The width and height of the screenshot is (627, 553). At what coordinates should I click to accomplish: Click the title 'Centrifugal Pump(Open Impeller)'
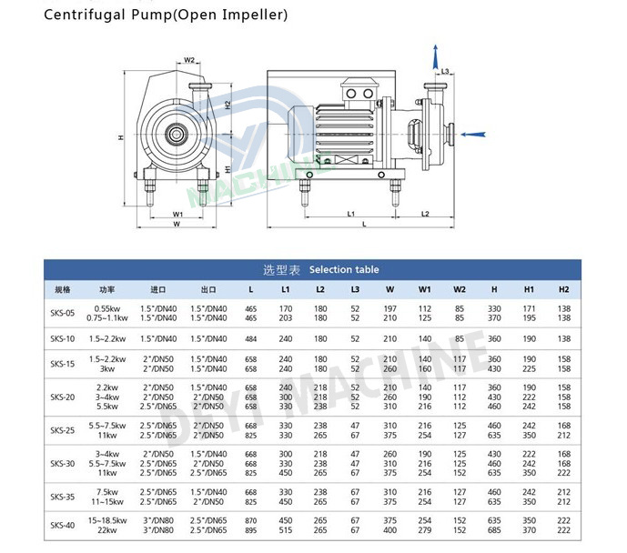pos(167,15)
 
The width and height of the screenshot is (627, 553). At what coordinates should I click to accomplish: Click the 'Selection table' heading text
pos(344,269)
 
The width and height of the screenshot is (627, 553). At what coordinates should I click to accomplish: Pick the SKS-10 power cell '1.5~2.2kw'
pos(107,338)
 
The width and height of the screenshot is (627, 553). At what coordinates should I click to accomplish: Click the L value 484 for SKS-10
pos(251,338)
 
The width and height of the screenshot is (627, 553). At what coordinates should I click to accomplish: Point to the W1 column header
pos(425,289)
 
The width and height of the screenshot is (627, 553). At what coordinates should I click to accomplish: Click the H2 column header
pos(563,289)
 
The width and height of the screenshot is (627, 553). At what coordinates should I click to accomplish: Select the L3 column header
pos(355,289)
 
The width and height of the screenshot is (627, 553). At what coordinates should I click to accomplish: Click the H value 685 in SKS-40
pos(494,530)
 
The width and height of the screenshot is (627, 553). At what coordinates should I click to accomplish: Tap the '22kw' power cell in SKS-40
pos(107,530)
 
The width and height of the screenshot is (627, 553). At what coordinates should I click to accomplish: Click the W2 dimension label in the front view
pos(190,60)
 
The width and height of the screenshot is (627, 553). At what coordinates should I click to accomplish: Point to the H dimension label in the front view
pos(121,138)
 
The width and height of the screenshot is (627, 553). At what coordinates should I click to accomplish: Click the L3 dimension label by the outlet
pos(447,71)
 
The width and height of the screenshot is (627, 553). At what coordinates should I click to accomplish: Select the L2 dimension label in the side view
pos(425,213)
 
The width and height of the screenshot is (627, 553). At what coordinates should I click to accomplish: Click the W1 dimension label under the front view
pos(178,214)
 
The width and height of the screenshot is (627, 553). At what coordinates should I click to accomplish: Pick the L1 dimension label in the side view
pos(350,213)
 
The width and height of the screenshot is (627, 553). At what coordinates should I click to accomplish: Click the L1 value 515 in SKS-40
pos(286,530)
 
